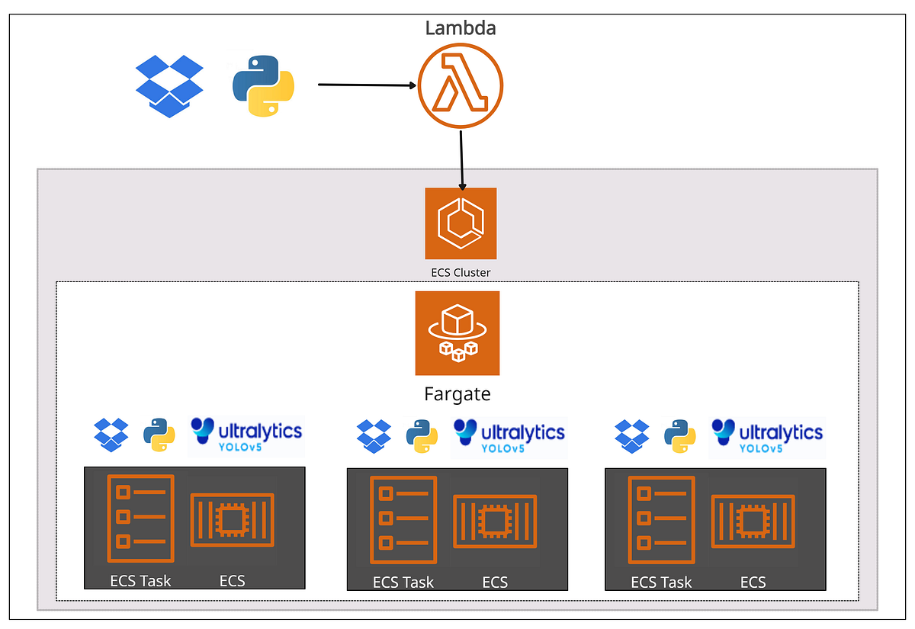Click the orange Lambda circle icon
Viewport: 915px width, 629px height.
tap(460, 86)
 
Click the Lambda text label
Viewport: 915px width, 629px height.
tap(460, 28)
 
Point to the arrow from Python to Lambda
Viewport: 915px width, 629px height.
tap(366, 85)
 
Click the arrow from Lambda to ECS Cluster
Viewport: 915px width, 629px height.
tap(461, 160)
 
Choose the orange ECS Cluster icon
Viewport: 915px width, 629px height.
tap(461, 223)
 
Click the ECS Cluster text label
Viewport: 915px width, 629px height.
tap(461, 271)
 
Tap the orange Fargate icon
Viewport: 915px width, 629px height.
tap(457, 333)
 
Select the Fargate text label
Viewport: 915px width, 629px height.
tap(457, 394)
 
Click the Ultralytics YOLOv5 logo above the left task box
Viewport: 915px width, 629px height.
tap(246, 435)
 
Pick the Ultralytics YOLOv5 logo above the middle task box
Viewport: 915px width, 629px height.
tap(509, 435)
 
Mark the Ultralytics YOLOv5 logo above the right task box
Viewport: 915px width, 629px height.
tap(767, 435)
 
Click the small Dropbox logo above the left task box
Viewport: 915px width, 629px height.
tap(111, 434)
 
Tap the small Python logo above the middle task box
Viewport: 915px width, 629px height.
tap(422, 436)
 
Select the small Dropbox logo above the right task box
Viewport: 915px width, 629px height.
tap(632, 434)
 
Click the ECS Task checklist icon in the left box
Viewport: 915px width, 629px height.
tap(140, 518)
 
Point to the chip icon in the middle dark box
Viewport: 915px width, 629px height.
tap(495, 521)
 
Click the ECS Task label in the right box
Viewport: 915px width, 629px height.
tap(661, 582)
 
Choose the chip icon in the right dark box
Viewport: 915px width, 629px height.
tap(753, 521)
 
